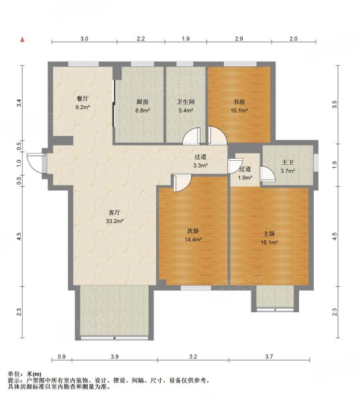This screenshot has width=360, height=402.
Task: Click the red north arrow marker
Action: click(x=23, y=40)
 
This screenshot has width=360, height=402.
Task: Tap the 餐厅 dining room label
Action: click(x=82, y=98)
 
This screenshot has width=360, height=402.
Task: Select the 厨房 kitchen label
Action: click(x=142, y=102)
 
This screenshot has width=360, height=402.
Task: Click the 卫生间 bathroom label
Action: click(x=186, y=102)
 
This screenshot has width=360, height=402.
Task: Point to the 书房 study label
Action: click(x=239, y=102)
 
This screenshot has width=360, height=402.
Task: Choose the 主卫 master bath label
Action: click(x=288, y=163)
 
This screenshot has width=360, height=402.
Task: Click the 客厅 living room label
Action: click(x=115, y=212)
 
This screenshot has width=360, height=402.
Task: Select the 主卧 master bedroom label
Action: click(x=269, y=234)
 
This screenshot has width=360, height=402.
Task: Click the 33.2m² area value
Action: click(x=115, y=221)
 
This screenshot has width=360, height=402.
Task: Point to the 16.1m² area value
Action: click(x=269, y=243)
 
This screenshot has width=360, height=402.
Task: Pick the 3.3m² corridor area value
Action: click(x=200, y=165)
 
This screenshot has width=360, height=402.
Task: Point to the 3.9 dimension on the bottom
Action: click(x=115, y=356)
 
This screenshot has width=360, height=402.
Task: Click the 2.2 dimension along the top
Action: click(x=141, y=39)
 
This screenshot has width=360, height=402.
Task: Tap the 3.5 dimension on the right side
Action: click(x=334, y=105)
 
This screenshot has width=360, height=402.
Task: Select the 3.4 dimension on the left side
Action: click(x=19, y=103)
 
